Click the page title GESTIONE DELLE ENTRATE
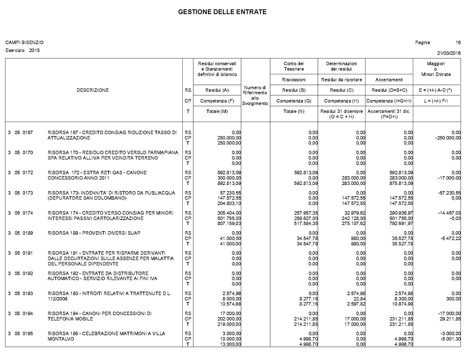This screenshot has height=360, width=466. (222, 12)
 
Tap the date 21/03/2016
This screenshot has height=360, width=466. (449, 53)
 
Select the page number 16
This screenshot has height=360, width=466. (458, 43)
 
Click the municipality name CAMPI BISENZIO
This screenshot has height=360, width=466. (24, 43)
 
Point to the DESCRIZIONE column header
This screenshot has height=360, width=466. (92, 90)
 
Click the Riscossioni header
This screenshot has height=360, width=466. (293, 80)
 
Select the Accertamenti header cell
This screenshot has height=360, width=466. (389, 80)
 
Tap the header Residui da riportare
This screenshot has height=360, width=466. (341, 80)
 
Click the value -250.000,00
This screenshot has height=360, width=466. (448, 138)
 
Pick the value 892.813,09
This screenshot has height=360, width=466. (229, 183)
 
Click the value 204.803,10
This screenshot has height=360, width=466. (229, 203)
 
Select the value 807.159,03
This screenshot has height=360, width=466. (229, 223)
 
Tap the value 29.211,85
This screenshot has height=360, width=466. (451, 319)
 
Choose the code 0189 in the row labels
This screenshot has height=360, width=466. (28, 233)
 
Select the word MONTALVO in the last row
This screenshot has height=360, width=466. (61, 339)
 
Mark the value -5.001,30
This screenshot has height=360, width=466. (450, 339)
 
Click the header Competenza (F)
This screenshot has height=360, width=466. (217, 101)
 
